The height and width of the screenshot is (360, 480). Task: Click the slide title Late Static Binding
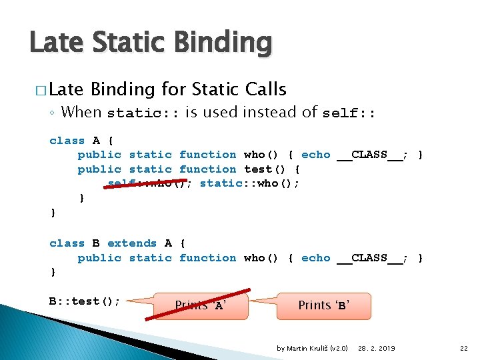tap(151, 43)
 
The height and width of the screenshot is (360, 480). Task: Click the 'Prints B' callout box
tap(324, 305)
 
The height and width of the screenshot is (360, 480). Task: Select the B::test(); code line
tap(85, 301)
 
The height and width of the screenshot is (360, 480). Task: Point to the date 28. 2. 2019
tap(376, 348)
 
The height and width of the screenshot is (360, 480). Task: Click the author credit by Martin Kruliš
tap(312, 348)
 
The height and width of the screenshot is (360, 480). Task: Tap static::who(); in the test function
tap(249, 183)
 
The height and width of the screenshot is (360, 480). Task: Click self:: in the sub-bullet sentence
tap(349, 113)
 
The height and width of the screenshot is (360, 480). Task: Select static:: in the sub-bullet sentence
tap(143, 113)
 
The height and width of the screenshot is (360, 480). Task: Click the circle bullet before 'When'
tap(52, 113)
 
